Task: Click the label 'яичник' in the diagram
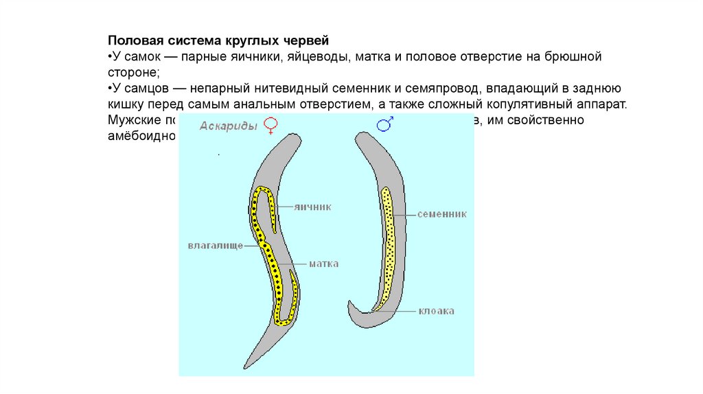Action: (312, 206)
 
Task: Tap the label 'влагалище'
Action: (215, 244)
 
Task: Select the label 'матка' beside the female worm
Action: (323, 263)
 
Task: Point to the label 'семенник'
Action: (441, 214)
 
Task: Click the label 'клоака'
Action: (436, 311)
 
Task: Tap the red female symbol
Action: (272, 125)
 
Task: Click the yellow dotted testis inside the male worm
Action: (389, 247)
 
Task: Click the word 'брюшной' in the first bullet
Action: (573, 56)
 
